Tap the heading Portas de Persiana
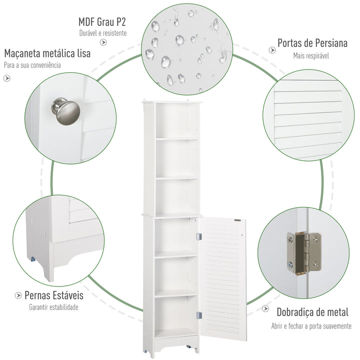point(312,43)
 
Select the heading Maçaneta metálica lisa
point(47,53)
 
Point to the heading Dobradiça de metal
point(312,312)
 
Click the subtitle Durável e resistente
point(102,33)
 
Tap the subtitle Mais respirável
point(311,56)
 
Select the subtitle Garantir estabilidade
point(53,307)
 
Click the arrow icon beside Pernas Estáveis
point(17,295)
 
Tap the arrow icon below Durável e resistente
point(103,42)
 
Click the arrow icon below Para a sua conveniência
point(7,78)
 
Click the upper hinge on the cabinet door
point(199,235)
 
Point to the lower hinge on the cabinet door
point(199,315)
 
